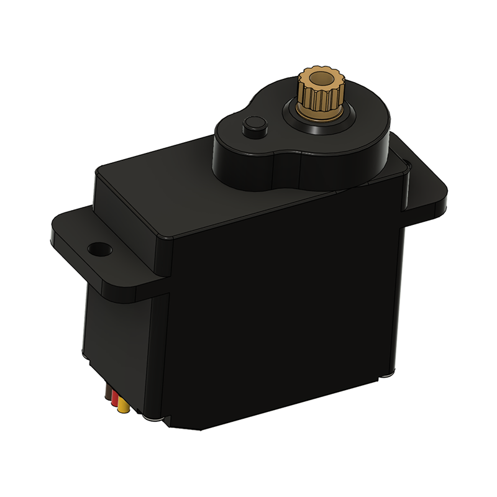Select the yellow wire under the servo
pos(124,408)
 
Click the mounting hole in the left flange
pos(98,249)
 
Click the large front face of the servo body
pos(280,311)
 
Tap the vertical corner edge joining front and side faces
pos(166,348)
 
